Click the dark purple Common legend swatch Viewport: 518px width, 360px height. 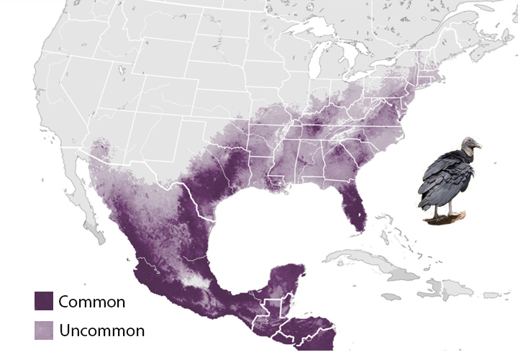pyautogui.click(x=44, y=301)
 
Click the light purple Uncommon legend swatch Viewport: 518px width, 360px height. pyautogui.click(x=44, y=330)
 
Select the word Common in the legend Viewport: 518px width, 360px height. pyautogui.click(x=91, y=302)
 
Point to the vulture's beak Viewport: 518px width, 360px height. pyautogui.click(x=479, y=147)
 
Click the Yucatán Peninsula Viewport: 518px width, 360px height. pyautogui.click(x=288, y=277)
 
